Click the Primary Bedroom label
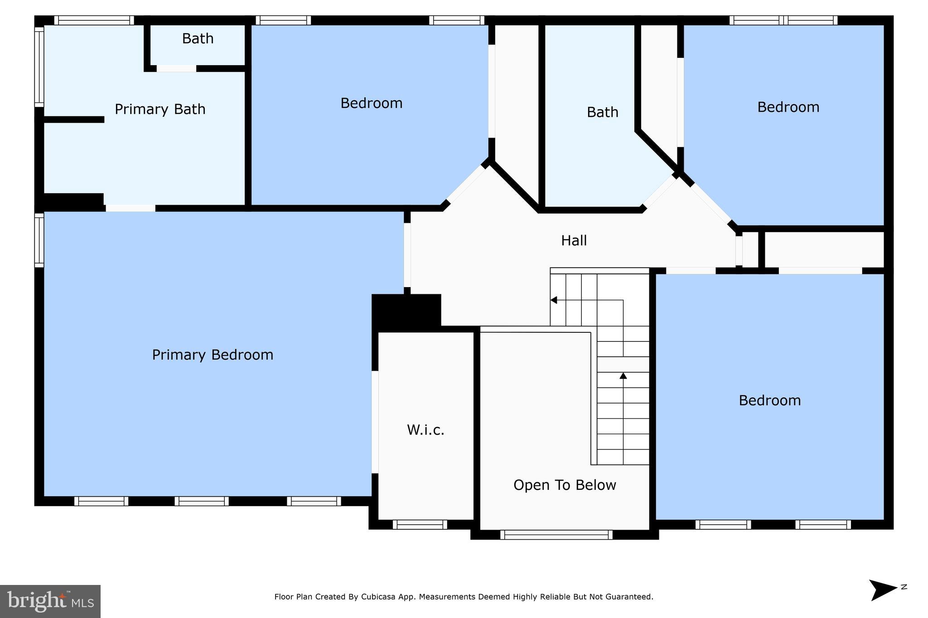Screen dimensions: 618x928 [213, 355]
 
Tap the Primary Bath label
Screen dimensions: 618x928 [160, 109]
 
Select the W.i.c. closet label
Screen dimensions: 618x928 [425, 430]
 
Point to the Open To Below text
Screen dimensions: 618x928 [565, 485]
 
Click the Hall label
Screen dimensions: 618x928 [574, 240]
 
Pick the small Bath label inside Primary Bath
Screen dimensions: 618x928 [198, 38]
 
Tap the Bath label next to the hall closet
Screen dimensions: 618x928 [602, 112]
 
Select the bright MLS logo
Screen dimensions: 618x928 [50, 601]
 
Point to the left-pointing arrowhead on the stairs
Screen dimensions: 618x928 [553, 300]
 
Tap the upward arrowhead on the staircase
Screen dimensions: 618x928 [623, 376]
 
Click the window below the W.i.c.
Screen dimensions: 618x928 [420, 524]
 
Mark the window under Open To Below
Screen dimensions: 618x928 [556, 535]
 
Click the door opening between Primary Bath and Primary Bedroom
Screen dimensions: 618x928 [130, 208]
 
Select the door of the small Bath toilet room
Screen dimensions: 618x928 [176, 68]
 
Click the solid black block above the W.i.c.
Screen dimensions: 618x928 [406, 311]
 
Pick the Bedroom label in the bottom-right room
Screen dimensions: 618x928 [769, 400]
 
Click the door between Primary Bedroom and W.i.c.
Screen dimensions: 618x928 [375, 422]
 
